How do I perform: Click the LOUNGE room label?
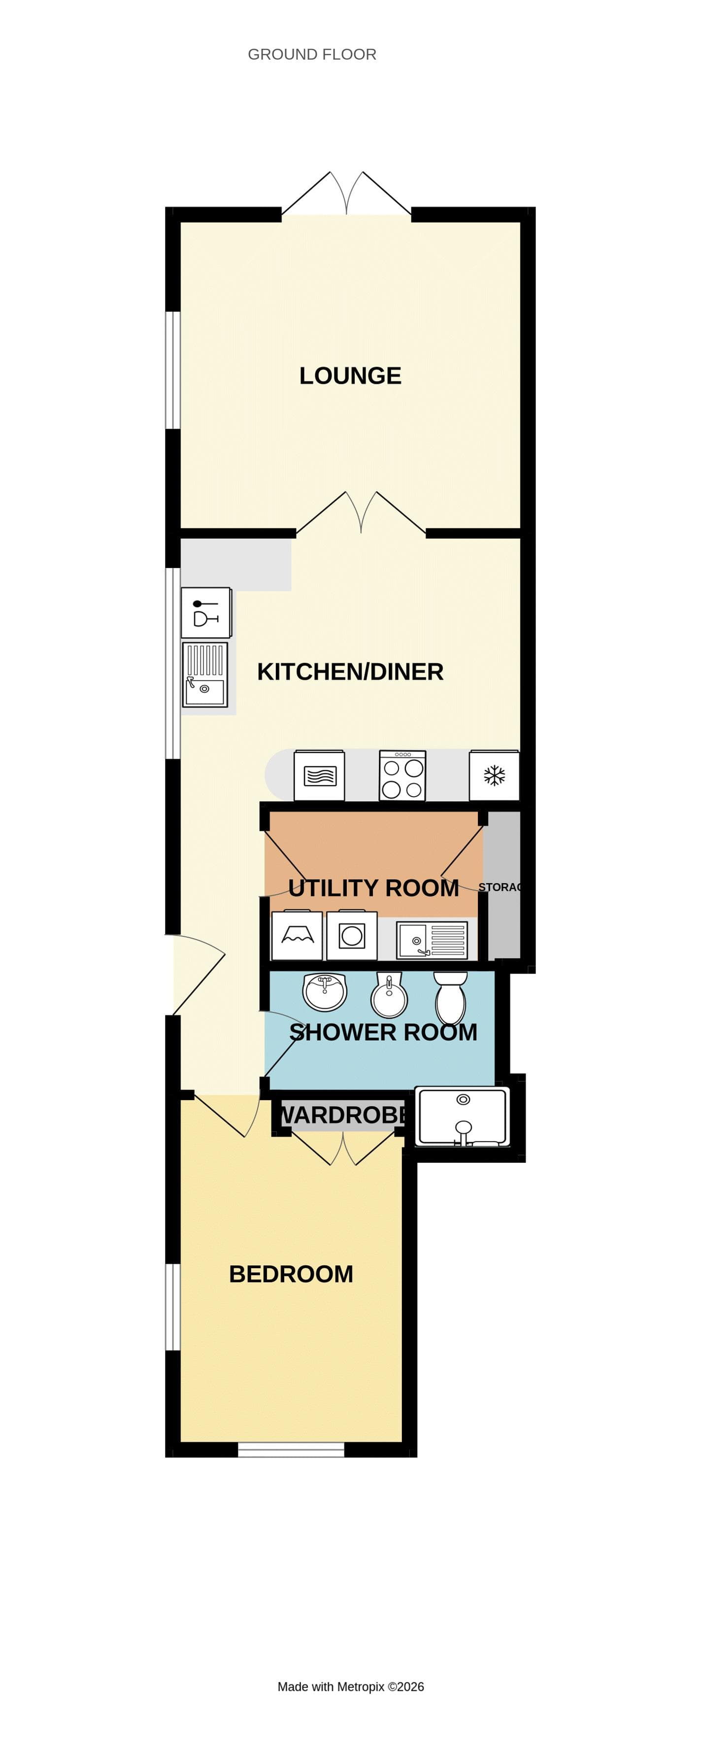tap(350, 376)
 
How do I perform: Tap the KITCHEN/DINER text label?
tap(350, 672)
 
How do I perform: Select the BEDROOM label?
tap(291, 1274)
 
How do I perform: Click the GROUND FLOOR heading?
tap(312, 55)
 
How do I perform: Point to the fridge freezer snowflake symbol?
tap(494, 776)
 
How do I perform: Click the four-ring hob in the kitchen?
tap(402, 776)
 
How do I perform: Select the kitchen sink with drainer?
tap(204, 675)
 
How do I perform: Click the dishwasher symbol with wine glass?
tap(205, 612)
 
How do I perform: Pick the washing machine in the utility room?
tap(352, 936)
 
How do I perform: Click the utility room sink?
tap(432, 940)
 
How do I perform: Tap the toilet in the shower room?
tap(450, 999)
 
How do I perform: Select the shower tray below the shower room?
tap(463, 1116)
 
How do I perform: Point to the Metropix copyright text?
tap(350, 1687)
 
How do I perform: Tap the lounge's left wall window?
tap(173, 370)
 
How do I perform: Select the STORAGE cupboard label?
tap(500, 887)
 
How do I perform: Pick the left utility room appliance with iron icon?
tap(297, 936)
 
